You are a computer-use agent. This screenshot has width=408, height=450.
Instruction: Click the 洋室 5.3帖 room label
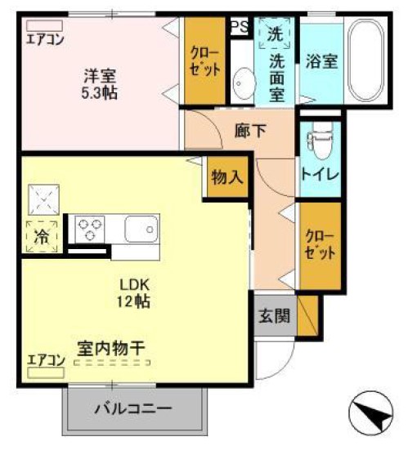[99, 84]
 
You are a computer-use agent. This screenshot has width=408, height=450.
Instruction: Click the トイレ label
[320, 174]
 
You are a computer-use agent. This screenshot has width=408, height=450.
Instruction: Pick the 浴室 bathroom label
[321, 61]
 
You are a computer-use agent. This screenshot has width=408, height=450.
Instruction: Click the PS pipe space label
[239, 26]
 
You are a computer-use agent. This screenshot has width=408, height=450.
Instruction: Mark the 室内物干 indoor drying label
[112, 348]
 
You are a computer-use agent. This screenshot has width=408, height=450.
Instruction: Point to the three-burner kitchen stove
[87, 228]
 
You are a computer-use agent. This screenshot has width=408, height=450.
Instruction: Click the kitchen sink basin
[141, 228]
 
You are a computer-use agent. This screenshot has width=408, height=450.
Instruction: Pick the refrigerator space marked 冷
[41, 236]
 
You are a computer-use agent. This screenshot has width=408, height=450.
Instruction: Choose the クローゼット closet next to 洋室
[205, 61]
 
